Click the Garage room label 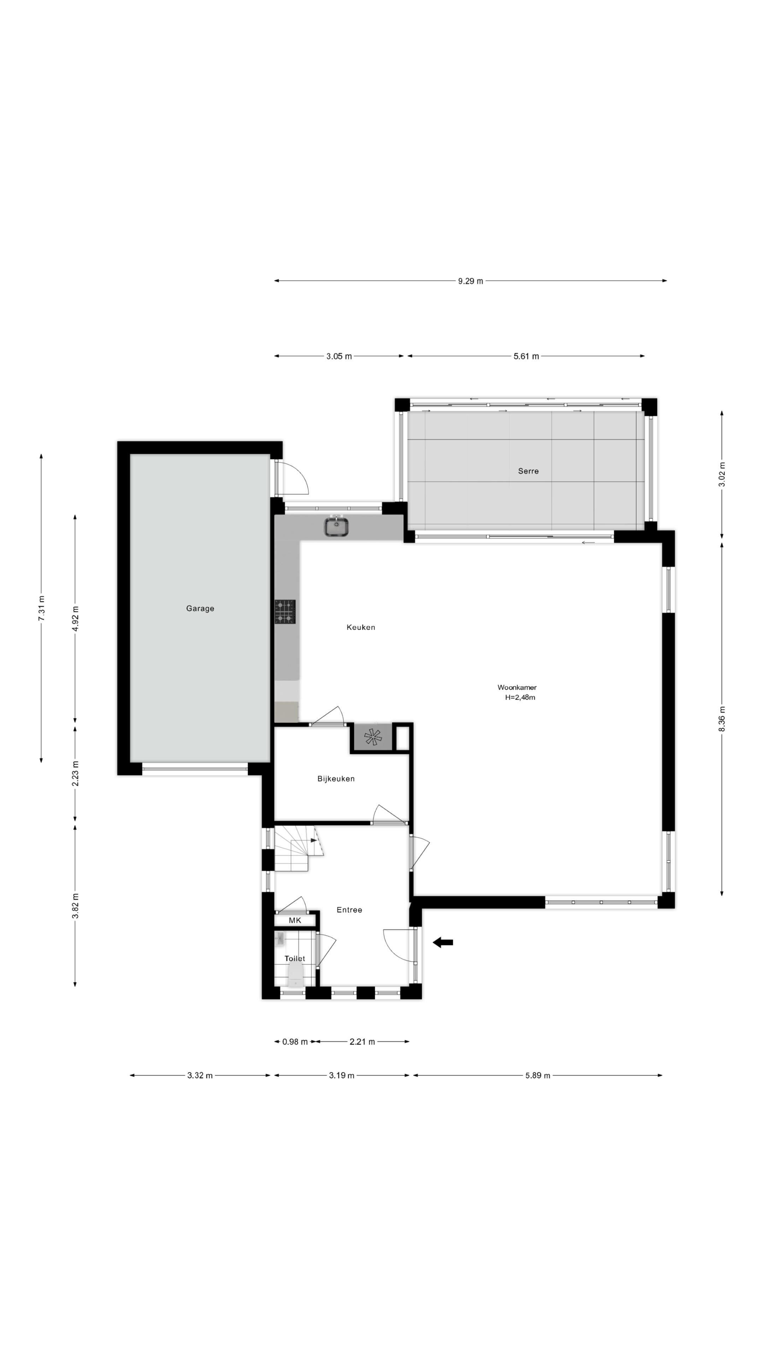(200, 608)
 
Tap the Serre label (528, 471)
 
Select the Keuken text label (361, 628)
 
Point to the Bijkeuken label (336, 779)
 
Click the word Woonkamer (517, 688)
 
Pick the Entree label (349, 910)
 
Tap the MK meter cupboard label (295, 921)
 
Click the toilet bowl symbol (295, 975)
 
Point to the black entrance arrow (443, 943)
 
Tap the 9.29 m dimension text (470, 281)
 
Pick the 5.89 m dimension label (538, 1075)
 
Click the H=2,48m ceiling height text (520, 697)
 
